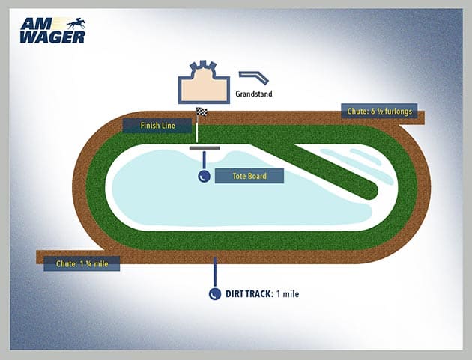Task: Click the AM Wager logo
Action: pos(53,30)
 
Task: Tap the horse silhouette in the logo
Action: pos(76,23)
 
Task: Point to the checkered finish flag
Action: pos(201,113)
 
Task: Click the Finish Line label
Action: pos(158,125)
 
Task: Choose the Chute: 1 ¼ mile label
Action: pos(82,263)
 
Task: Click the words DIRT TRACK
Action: pos(249,294)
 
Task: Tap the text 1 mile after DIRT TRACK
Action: pos(287,294)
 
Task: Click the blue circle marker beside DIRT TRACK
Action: pos(215,294)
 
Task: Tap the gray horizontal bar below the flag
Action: pos(204,147)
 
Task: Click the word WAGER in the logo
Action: pos(53,36)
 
